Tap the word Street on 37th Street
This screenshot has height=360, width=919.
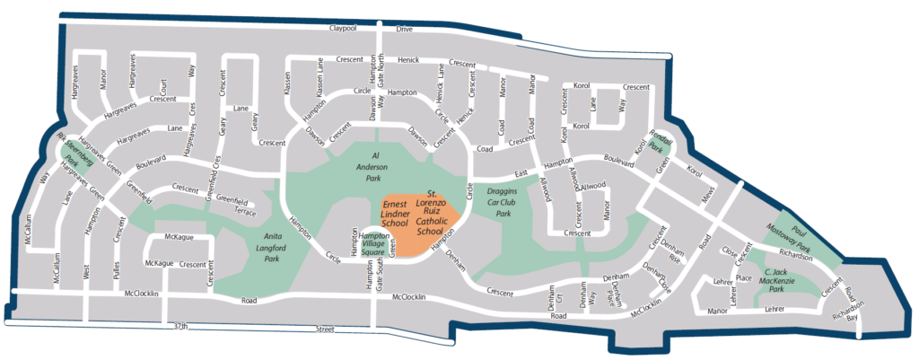point(324,330)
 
